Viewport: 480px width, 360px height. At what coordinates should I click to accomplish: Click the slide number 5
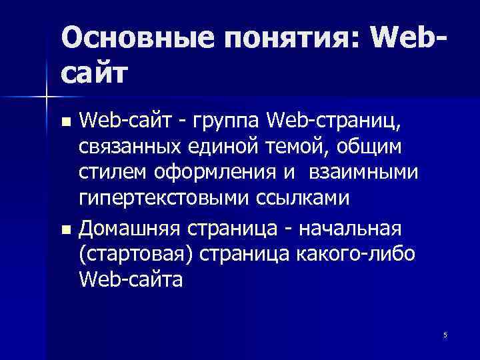point(445,335)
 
